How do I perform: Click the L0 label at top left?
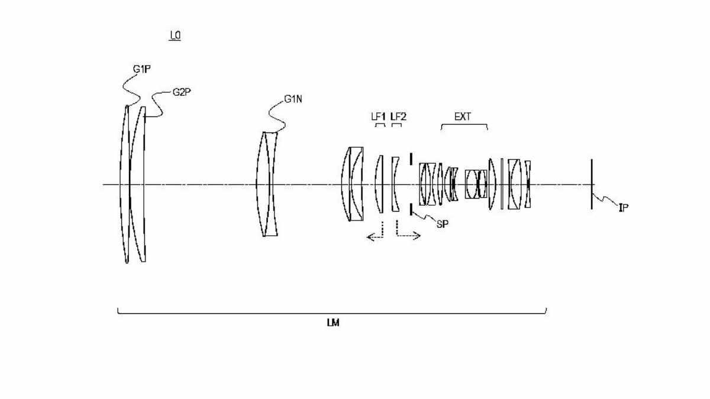175,36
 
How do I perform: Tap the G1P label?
141,69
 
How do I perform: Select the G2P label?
182,92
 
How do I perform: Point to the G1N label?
293,99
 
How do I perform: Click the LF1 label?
378,116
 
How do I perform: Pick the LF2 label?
398,116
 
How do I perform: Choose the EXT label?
463,116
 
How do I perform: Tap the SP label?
442,224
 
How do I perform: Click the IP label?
624,207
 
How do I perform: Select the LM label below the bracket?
333,323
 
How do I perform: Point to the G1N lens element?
267,184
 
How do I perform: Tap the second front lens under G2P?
140,184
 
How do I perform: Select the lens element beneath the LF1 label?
379,184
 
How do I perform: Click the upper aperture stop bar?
411,160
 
